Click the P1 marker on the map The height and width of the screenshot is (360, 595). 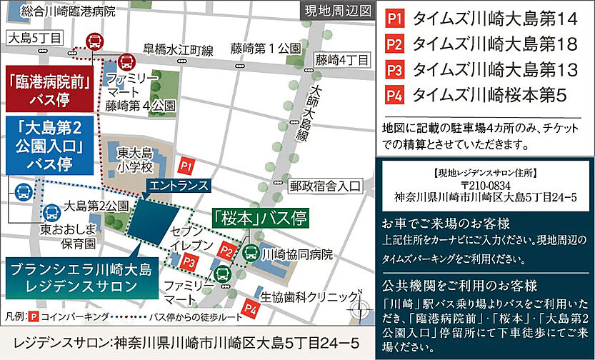[x=186, y=166]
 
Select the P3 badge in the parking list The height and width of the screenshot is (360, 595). [x=394, y=69]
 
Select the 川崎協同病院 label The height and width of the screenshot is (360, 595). [x=298, y=253]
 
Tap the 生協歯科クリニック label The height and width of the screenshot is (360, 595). [x=308, y=296]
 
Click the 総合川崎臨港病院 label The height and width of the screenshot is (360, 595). [x=67, y=11]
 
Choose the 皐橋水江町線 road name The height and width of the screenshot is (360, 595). [x=178, y=49]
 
